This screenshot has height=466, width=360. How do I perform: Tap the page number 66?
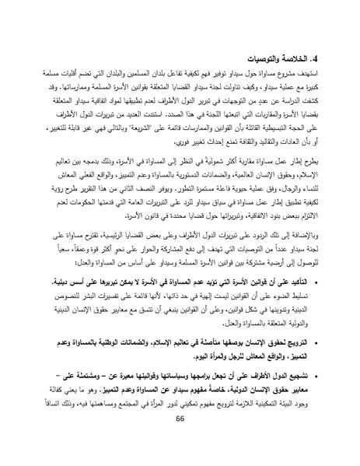tap(180, 441)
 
